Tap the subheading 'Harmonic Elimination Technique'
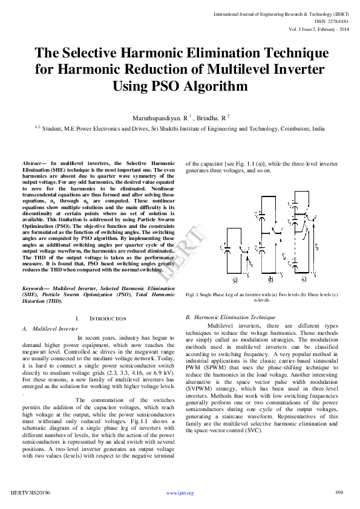click(235, 317)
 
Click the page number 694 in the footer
click(339, 492)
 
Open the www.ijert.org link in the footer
click(179, 493)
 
